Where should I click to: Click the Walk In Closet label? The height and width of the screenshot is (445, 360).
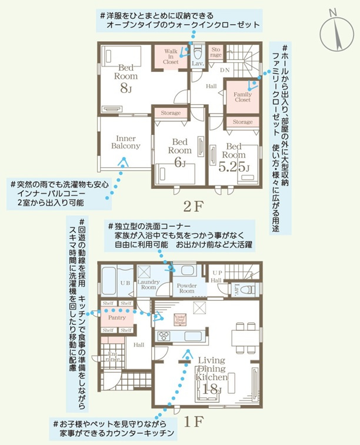pos(171,56)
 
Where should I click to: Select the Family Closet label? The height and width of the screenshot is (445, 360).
pos(242,97)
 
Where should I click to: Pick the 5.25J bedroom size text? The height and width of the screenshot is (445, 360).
pos(234,167)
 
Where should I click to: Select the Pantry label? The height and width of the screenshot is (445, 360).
pos(117,317)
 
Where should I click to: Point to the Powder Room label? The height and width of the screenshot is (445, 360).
pos(186,288)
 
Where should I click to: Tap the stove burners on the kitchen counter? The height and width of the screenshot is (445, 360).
pos(164,336)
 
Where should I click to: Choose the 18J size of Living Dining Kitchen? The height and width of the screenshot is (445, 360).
pos(210,389)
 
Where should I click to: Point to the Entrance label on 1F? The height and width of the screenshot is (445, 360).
pos(112,356)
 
